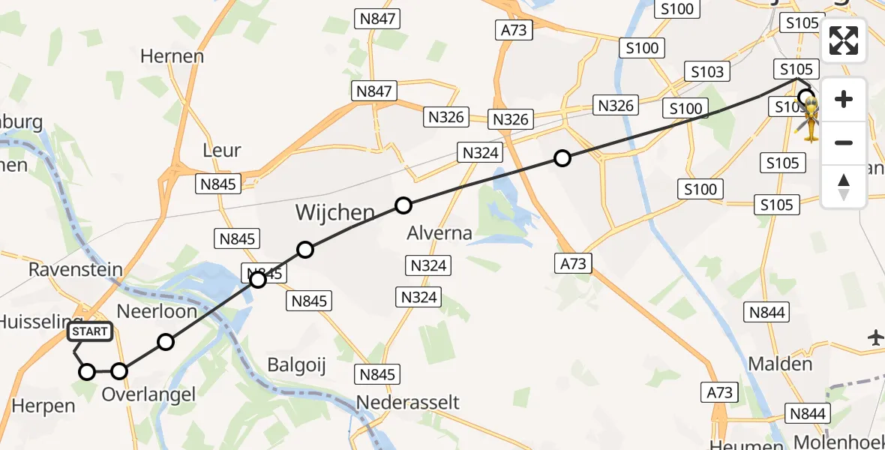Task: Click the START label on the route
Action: pos(90,331)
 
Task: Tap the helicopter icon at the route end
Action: pos(811,120)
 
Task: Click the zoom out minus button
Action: pos(844,142)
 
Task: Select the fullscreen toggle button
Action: pos(844,40)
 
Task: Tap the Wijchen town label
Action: pos(335,212)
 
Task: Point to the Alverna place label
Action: pos(439,233)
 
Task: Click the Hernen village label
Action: pos(172,56)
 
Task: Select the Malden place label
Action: pos(780,364)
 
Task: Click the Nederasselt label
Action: pos(407,402)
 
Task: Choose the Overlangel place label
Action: pos(148,394)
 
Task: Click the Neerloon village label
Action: pos(158,310)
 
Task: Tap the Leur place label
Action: pos(222,150)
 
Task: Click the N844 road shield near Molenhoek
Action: pos(808,413)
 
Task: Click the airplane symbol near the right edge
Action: pos(875,338)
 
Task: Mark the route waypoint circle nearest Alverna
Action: pos(403,205)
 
